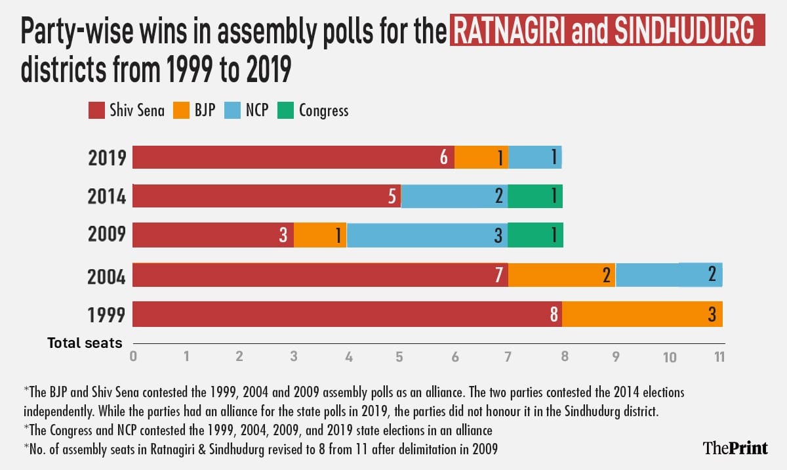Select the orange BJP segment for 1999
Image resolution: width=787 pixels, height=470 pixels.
click(642, 314)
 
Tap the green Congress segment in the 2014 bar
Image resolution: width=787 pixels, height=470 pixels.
click(535, 196)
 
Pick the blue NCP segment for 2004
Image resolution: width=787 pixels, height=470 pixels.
click(668, 274)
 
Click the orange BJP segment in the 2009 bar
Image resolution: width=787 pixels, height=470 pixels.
click(320, 235)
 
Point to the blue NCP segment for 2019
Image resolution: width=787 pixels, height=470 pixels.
click(535, 158)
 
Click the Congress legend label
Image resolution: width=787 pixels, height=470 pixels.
click(323, 110)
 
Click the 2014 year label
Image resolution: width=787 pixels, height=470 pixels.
click(107, 196)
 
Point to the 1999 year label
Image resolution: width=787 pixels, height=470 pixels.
click(107, 314)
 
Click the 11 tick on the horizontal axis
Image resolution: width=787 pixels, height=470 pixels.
click(719, 356)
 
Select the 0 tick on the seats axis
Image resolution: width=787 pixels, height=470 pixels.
click(133, 356)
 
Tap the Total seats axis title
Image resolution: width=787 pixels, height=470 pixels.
click(85, 342)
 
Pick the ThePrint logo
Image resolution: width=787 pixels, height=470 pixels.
click(734, 448)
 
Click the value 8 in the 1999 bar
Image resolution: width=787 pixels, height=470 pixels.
click(554, 314)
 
